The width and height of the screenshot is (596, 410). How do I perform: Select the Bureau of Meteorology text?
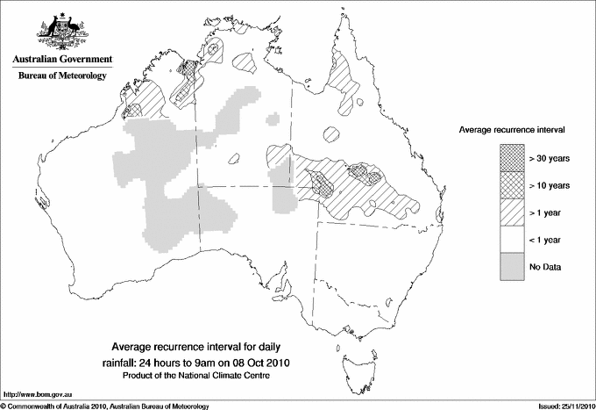pyautogui.click(x=62, y=76)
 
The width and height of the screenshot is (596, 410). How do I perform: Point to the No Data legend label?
pyautogui.click(x=544, y=267)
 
